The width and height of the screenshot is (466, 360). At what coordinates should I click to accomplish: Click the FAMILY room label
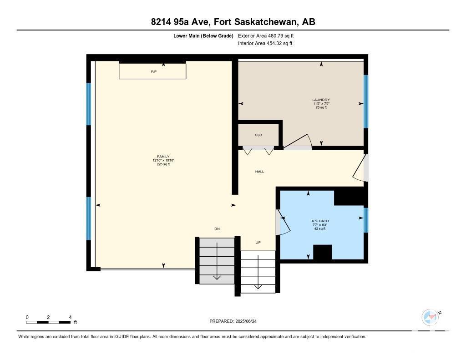[x=163, y=157]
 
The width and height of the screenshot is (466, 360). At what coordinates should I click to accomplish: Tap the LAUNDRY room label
[x=321, y=100]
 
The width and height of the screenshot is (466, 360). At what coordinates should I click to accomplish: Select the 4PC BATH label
[x=320, y=221]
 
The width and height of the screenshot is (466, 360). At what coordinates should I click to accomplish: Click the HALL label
[x=259, y=172]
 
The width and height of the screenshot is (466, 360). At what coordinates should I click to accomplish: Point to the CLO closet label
[x=258, y=135]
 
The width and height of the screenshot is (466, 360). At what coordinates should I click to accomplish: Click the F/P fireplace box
[x=152, y=70]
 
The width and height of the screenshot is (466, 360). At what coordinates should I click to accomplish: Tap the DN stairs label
[x=217, y=228]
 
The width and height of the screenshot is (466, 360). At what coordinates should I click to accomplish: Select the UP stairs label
[x=258, y=242]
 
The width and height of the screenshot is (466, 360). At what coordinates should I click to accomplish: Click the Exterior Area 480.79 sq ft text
[x=266, y=35]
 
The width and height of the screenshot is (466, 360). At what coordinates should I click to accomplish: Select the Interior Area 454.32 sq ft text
[x=265, y=43]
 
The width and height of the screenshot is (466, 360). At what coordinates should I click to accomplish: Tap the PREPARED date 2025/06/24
[x=233, y=321]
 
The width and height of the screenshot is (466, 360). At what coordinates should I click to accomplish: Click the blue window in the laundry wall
[x=366, y=101]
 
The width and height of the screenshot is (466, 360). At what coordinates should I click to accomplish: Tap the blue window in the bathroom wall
[x=366, y=220]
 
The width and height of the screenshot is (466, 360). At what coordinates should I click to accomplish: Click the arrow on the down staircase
[x=217, y=261]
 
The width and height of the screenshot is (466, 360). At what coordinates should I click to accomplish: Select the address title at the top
[x=233, y=22]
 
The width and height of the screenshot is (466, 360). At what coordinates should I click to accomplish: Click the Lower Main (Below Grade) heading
[x=203, y=35]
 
